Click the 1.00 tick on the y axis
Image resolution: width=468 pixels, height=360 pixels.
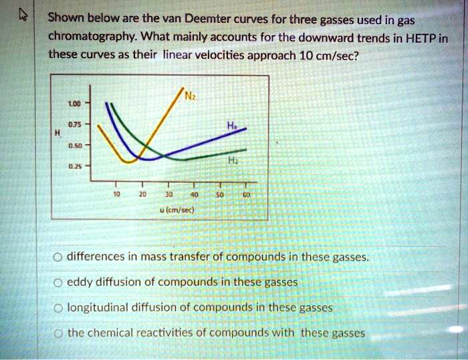coord(74,104)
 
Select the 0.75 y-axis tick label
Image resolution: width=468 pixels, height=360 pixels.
coord(74,125)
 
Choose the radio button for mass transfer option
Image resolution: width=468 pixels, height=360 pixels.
coord(58,256)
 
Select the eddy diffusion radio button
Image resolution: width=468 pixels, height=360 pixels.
coord(58,283)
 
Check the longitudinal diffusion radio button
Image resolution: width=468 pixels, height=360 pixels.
coord(58,309)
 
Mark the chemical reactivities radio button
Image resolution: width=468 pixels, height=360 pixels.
coord(58,333)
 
